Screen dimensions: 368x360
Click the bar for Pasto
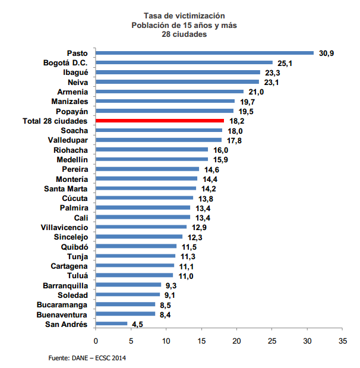(x=204, y=53)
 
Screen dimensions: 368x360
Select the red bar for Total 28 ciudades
(x=160, y=121)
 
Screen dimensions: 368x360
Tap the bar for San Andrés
(x=111, y=324)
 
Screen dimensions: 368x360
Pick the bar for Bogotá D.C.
(x=184, y=62)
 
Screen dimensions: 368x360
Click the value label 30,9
(x=327, y=54)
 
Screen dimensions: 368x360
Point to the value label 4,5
(x=138, y=325)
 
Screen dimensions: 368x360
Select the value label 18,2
(x=236, y=121)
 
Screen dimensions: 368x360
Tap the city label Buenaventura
(x=62, y=314)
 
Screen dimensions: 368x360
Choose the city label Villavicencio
(x=64, y=228)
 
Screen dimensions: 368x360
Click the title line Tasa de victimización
(x=184, y=15)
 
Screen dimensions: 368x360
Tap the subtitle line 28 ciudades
(x=184, y=34)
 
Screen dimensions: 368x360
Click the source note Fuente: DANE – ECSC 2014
(x=87, y=358)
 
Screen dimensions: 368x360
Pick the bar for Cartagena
(x=135, y=266)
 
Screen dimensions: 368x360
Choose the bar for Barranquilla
(x=128, y=285)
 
